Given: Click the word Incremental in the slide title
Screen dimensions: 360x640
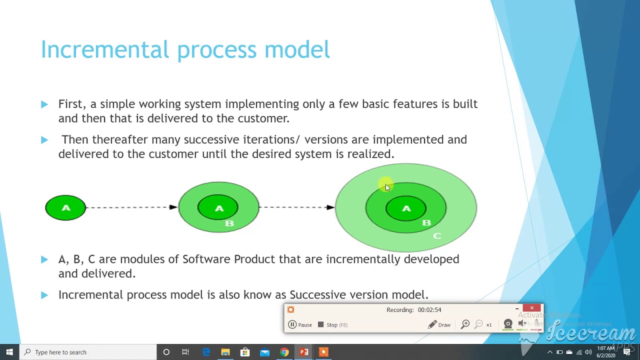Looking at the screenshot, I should (104, 49).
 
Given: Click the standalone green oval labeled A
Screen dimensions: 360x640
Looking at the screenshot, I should (65, 207).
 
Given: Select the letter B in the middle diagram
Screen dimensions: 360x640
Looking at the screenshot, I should (229, 223).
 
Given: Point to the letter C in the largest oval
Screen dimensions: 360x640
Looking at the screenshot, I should (437, 235).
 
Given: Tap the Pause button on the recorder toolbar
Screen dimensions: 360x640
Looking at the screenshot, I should (300, 325).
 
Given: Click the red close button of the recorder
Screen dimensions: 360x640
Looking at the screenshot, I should (531, 308).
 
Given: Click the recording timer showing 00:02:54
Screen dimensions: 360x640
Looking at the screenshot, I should (413, 310).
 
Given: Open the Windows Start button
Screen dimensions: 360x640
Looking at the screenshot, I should (9, 352).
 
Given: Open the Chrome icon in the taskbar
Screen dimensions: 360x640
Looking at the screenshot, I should (284, 352).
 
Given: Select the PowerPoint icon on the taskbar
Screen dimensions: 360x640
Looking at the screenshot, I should (303, 352).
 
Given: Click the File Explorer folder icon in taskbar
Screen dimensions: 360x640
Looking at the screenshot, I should (225, 352).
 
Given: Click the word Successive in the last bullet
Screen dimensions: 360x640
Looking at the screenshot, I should (317, 295).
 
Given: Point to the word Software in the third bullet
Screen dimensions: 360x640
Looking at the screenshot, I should (206, 259).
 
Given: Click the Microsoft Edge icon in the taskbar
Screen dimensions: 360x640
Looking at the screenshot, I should (205, 352).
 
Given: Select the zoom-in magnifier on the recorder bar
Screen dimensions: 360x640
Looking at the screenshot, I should (465, 325).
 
